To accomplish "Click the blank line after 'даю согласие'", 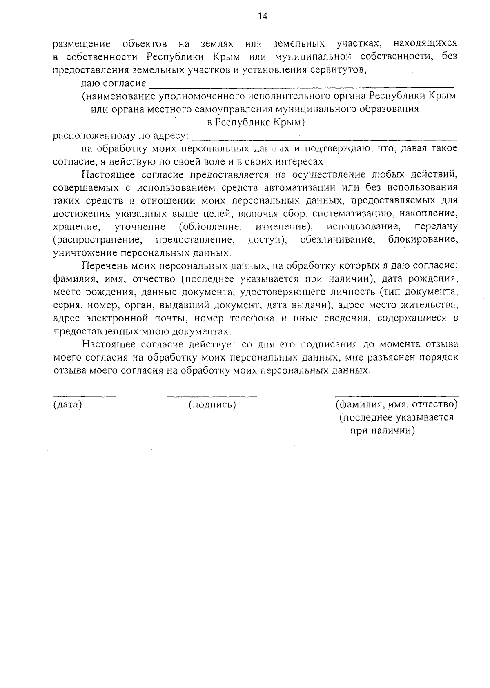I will click(302, 87).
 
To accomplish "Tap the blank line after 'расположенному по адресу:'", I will click(325, 139).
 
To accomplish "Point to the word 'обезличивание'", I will click(337, 239).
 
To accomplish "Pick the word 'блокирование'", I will click(423, 239).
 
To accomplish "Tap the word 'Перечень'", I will click(105, 266).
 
